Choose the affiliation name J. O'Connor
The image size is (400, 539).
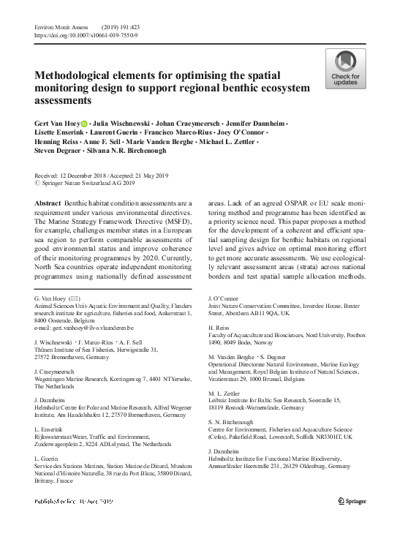point(224,299)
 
